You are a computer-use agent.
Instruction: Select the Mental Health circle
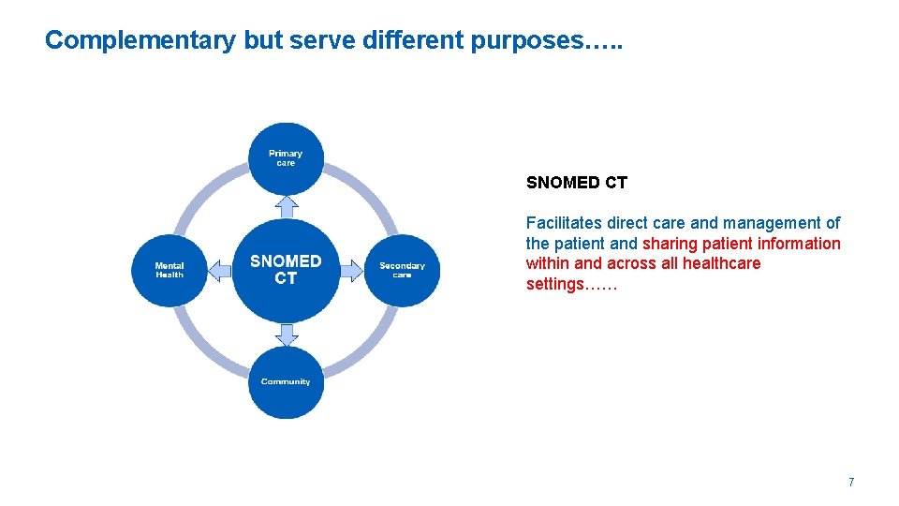pyautogui.click(x=169, y=271)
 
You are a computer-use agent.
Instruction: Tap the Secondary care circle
pyautogui.click(x=402, y=271)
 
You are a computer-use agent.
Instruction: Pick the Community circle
pyautogui.click(x=286, y=382)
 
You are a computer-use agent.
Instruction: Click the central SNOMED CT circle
pyautogui.click(x=286, y=270)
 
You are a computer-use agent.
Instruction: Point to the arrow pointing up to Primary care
pyautogui.click(x=287, y=205)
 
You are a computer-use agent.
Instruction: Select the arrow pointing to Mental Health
pyautogui.click(x=219, y=271)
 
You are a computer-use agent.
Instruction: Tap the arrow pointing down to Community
pyautogui.click(x=287, y=335)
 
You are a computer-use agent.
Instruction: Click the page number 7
pyautogui.click(x=850, y=483)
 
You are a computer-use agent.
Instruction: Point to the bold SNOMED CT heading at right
pyautogui.click(x=576, y=184)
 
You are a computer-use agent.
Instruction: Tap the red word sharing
pyautogui.click(x=669, y=244)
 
